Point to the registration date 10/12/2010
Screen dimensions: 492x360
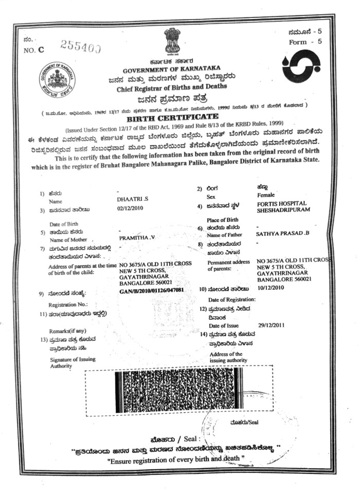pyautogui.click(x=271, y=290)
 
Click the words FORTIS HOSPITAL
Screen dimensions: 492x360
pyautogui.click(x=278, y=203)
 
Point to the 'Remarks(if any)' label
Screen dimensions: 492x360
pyautogui.click(x=67, y=331)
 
